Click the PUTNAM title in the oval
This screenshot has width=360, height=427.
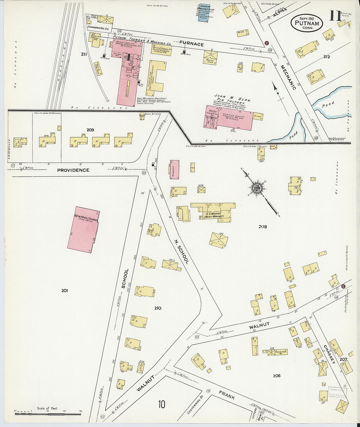tap(307, 23)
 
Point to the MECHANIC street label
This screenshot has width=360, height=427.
tap(288, 77)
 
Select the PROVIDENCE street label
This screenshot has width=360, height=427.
tap(73, 170)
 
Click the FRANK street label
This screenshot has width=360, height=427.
tap(227, 395)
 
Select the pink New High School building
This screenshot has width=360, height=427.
tap(83, 229)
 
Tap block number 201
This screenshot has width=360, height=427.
tap(64, 291)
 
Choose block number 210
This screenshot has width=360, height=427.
tap(158, 308)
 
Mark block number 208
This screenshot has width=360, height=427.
tap(262, 226)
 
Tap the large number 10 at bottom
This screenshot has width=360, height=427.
tap(161, 404)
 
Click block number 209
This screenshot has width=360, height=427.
tap(90, 130)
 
